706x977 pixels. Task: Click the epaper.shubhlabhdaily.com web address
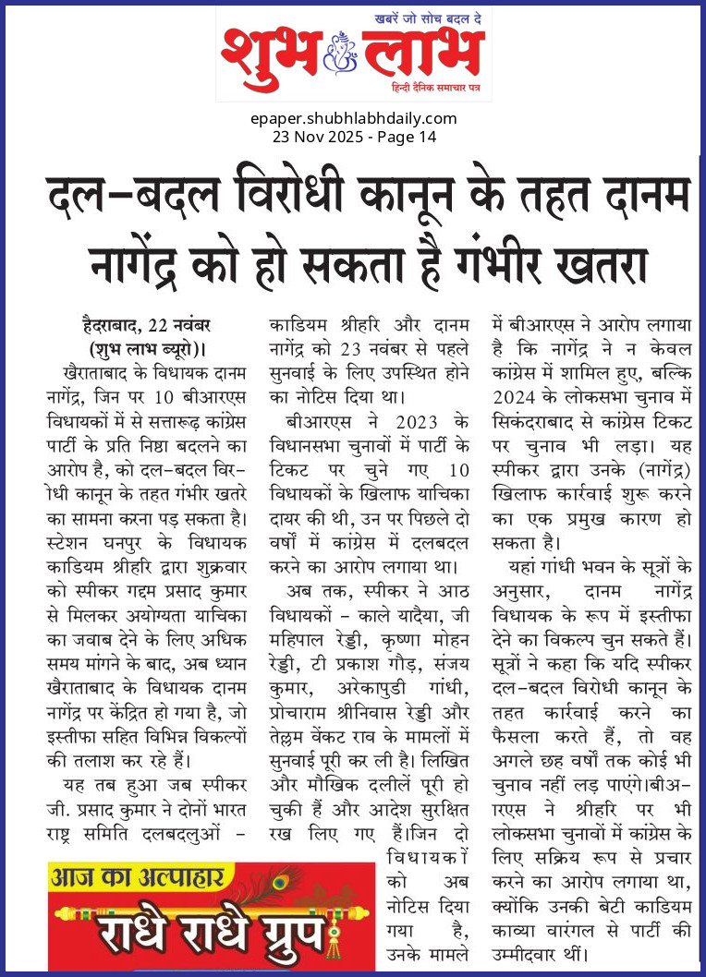point(353,118)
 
